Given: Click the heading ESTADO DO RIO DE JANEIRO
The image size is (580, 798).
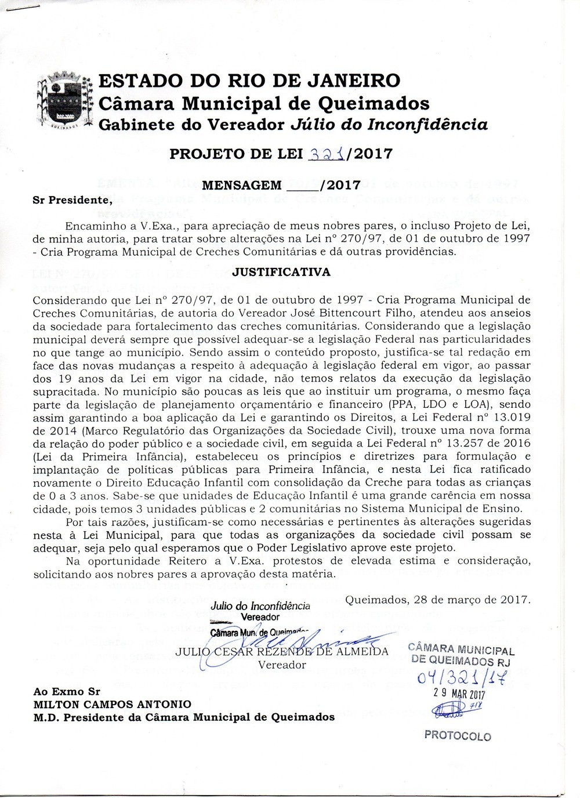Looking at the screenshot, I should click(249, 81).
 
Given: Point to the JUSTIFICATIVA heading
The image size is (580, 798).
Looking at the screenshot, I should click(281, 271).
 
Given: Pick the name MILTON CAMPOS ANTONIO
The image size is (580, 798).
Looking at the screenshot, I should click(113, 704).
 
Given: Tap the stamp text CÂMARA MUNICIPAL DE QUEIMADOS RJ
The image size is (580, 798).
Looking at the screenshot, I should click(462, 654).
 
